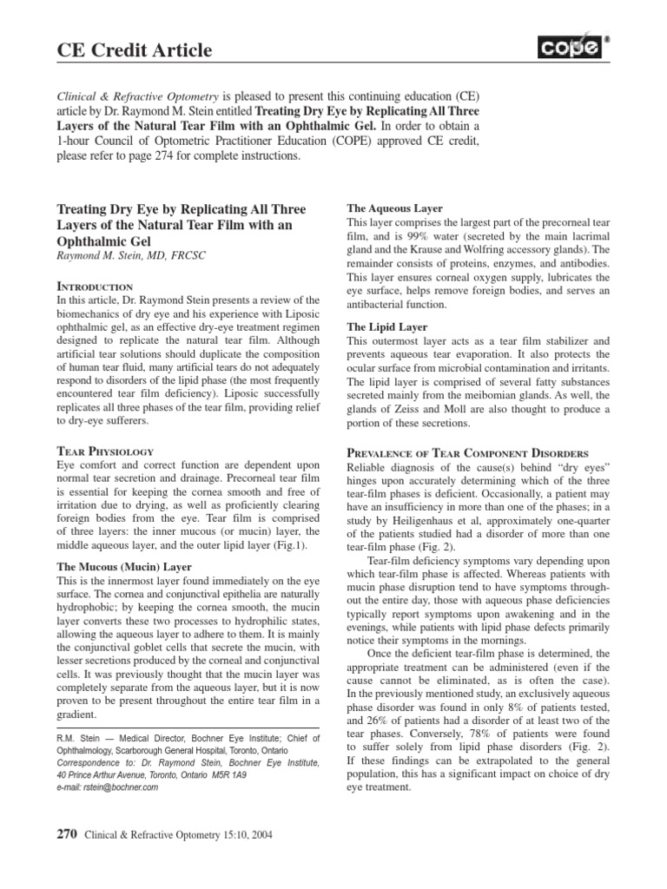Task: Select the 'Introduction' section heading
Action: coord(95,286)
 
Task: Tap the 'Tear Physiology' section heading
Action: coord(105,451)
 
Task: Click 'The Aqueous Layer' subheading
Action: coord(395,209)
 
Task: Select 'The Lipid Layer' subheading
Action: coord(386,327)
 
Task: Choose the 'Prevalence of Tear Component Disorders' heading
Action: coord(468,452)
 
